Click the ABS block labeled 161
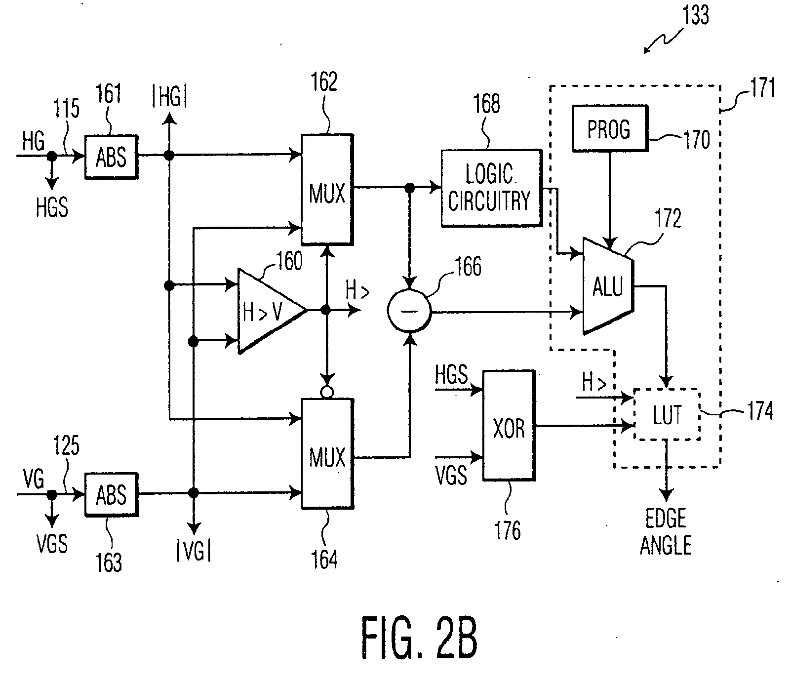(111, 157)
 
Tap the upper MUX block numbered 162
(327, 189)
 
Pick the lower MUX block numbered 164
(327, 453)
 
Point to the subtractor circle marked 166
(409, 311)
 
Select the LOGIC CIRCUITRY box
(490, 188)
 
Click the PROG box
(609, 128)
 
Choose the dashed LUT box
(667, 414)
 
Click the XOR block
(509, 425)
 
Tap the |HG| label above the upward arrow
(169, 98)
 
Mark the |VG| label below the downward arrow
(194, 551)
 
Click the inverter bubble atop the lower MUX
(326, 393)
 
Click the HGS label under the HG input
(52, 207)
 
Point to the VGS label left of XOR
(451, 475)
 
